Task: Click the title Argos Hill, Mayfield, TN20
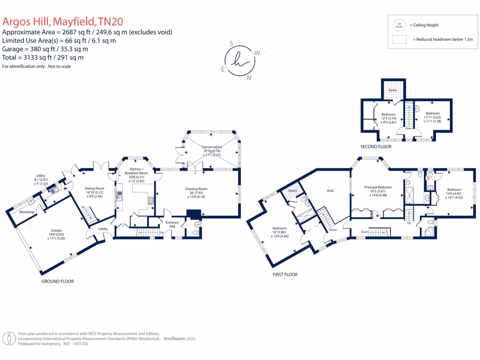coord(63,22)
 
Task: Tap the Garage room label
coord(56,231)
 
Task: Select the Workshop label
coord(27,212)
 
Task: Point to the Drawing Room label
coord(196,189)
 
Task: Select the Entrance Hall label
coord(172,224)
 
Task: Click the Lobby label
coord(103,229)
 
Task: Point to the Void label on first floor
coord(330,191)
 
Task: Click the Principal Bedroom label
coord(377,187)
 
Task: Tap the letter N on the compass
coord(249,78)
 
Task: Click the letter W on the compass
coord(257,53)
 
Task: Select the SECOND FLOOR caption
coord(375,147)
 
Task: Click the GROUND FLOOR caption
coord(57,281)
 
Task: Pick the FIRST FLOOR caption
coord(285,275)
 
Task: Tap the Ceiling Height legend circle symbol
coord(399,25)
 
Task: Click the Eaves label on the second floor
coord(393,90)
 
